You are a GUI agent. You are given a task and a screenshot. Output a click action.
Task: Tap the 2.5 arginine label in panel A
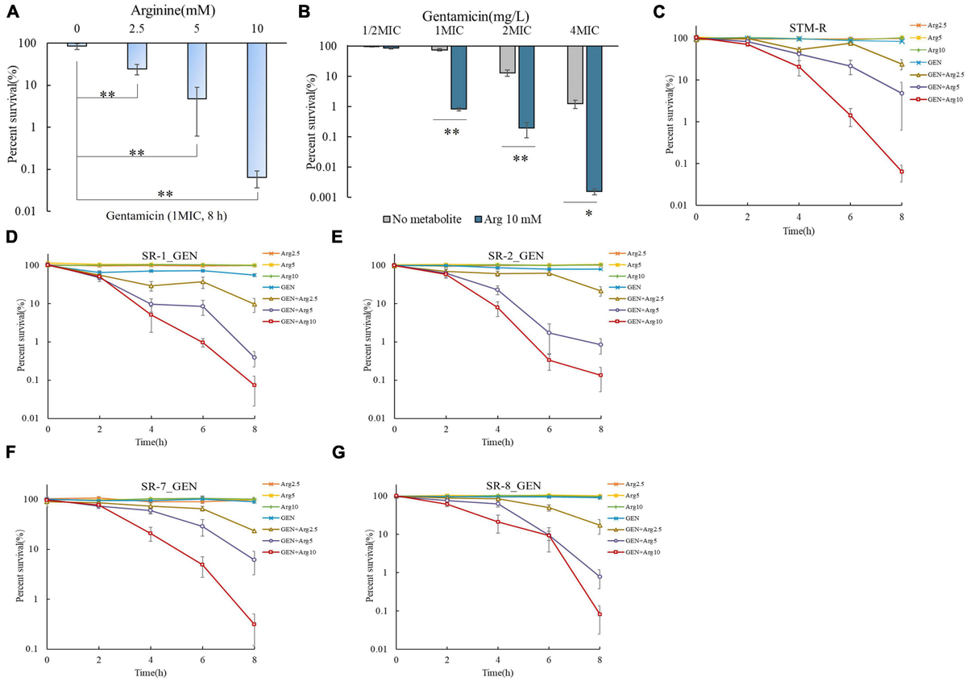tap(136, 27)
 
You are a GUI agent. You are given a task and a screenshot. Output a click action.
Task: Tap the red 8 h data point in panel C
tap(901, 172)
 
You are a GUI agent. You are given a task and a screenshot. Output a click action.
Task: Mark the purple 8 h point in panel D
tap(255, 357)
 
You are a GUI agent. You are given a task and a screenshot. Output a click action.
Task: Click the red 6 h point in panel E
tap(549, 360)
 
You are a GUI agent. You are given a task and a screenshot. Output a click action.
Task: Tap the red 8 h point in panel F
tap(255, 624)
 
